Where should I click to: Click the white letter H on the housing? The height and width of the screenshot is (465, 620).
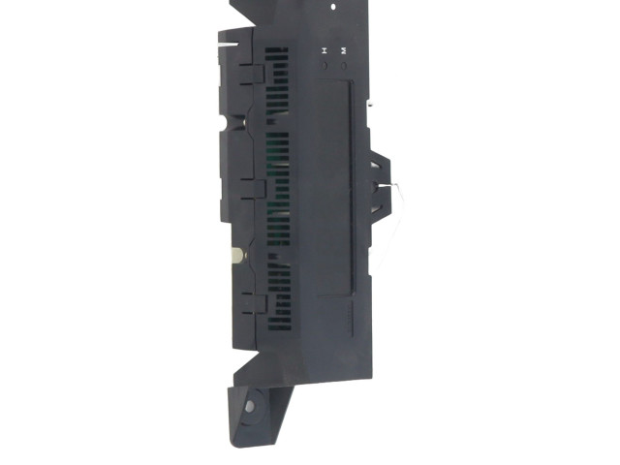pos(325,50)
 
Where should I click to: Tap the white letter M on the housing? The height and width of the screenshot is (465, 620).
pos(344,50)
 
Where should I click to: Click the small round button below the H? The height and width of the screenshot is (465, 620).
pos(325,66)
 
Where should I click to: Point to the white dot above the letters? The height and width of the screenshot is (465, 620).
pos(333,7)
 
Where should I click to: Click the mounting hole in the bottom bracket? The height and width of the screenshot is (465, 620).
pos(250,406)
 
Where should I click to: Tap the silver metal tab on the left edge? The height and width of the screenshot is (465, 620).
pos(237,255)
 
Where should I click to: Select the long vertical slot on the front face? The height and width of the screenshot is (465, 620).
pos(352,188)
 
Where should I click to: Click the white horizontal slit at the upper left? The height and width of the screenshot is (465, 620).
pos(229,45)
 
